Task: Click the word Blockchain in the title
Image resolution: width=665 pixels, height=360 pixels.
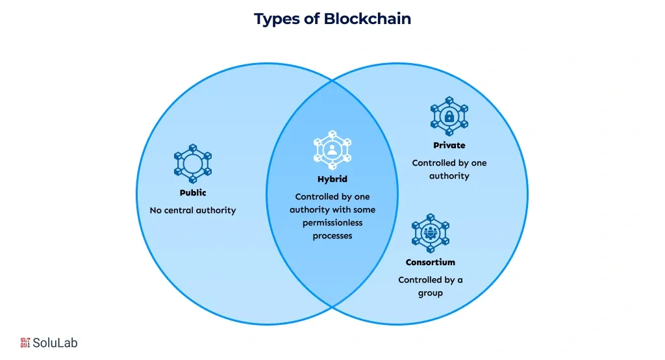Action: (x=368, y=19)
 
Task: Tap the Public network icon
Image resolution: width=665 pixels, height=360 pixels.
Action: (x=193, y=163)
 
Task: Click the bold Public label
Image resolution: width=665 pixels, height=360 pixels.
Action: (x=193, y=193)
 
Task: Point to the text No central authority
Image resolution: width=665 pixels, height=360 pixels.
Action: (x=193, y=211)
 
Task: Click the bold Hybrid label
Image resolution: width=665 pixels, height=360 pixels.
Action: (x=332, y=179)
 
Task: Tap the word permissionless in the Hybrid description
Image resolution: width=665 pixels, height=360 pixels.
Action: (x=332, y=223)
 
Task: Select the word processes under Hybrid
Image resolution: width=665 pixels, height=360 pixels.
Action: (x=332, y=236)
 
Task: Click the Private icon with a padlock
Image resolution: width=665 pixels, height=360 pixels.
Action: (x=449, y=116)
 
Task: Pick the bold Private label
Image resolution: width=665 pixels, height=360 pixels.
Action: (x=449, y=146)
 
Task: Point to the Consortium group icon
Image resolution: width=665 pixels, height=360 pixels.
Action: (x=431, y=233)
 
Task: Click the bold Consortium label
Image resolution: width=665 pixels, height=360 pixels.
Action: (x=431, y=263)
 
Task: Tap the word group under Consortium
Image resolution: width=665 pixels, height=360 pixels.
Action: (x=431, y=293)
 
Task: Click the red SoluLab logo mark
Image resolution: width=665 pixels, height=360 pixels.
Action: (x=26, y=342)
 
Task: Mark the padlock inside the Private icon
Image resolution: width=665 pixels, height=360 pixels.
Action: (x=449, y=117)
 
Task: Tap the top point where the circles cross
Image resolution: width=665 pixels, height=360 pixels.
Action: (x=332, y=81)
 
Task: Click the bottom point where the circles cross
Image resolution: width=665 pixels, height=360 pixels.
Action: (x=332, y=306)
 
